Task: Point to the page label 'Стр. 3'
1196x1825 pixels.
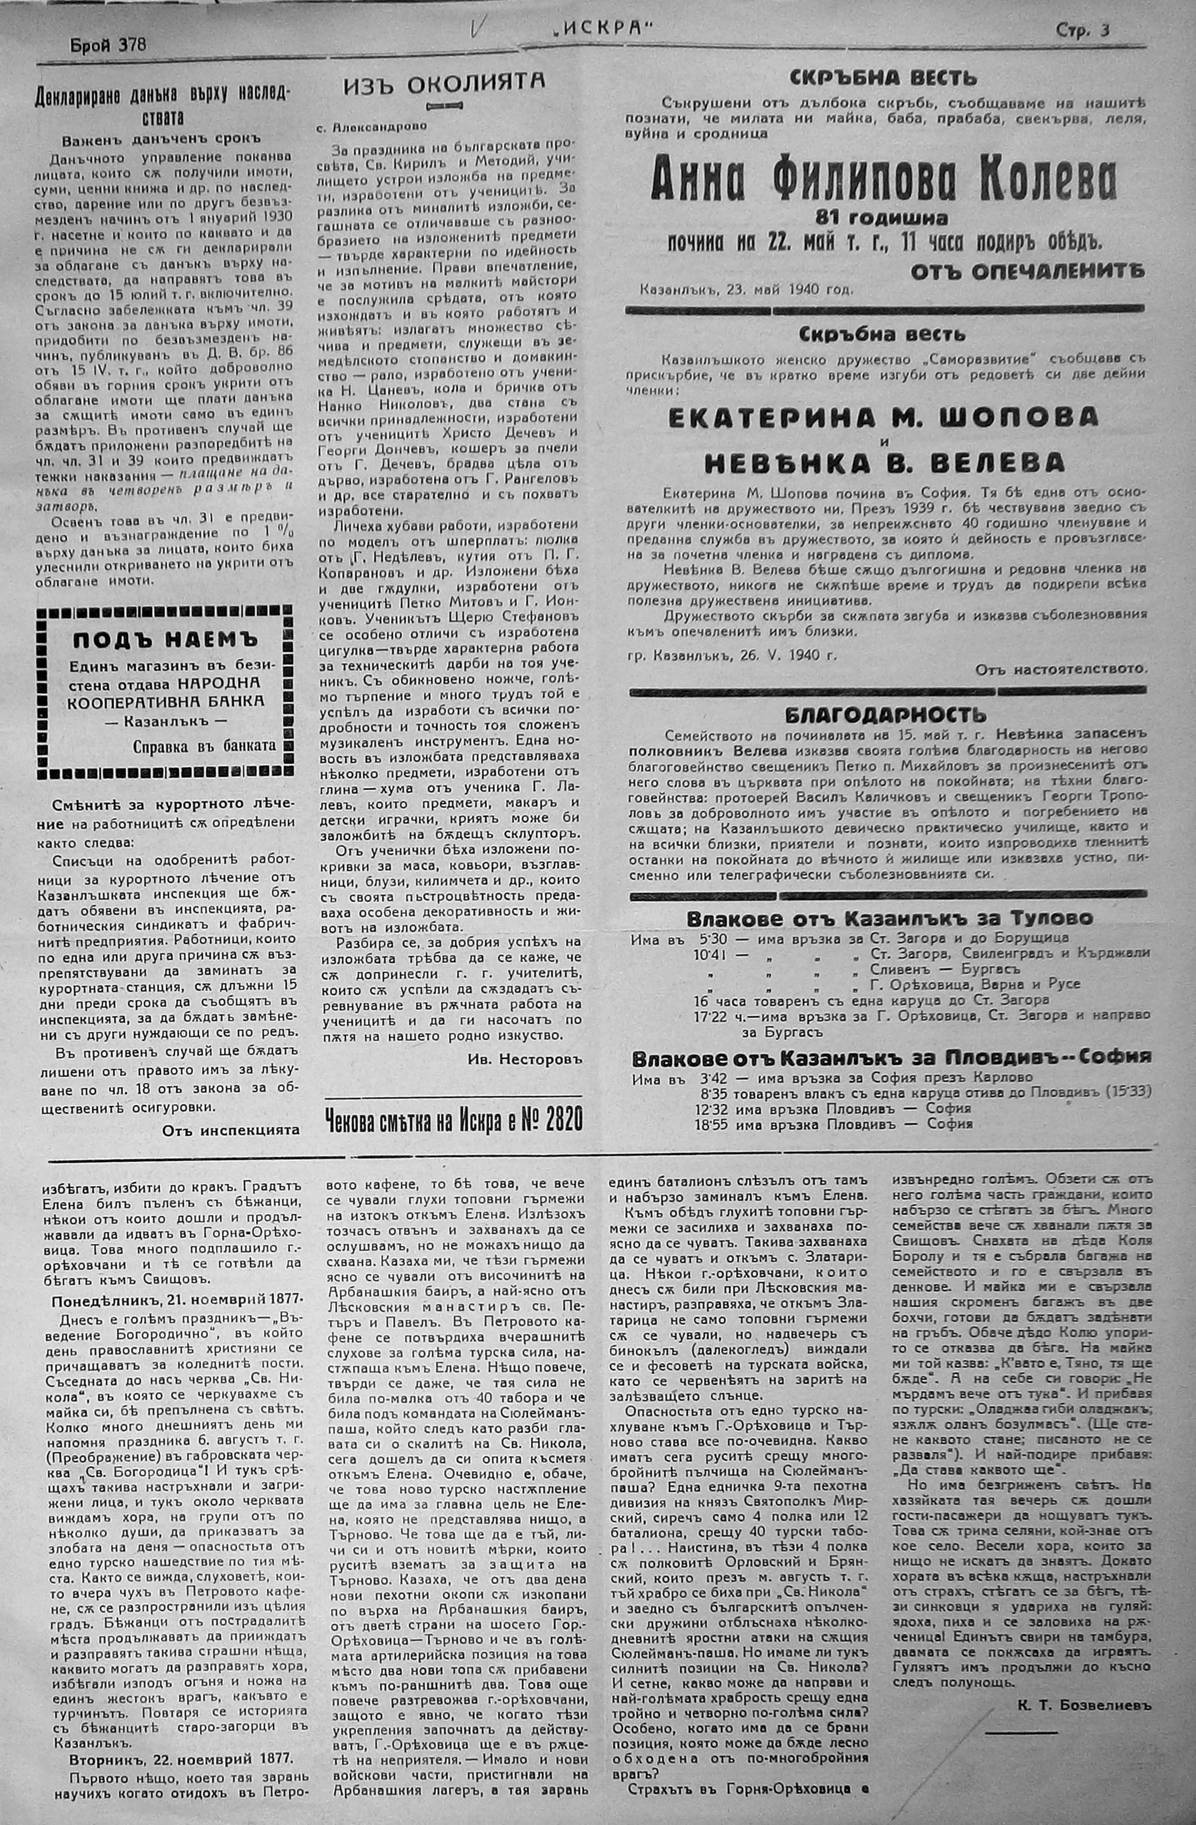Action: pos(1082,30)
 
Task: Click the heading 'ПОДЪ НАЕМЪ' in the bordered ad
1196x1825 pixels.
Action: pos(165,640)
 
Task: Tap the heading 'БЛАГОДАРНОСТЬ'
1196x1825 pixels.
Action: pos(885,715)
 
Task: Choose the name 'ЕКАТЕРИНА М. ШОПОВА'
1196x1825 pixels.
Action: pos(883,417)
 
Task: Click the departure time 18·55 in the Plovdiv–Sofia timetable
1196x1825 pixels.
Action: pos(710,1124)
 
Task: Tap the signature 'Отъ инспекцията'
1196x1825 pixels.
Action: pos(230,1130)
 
